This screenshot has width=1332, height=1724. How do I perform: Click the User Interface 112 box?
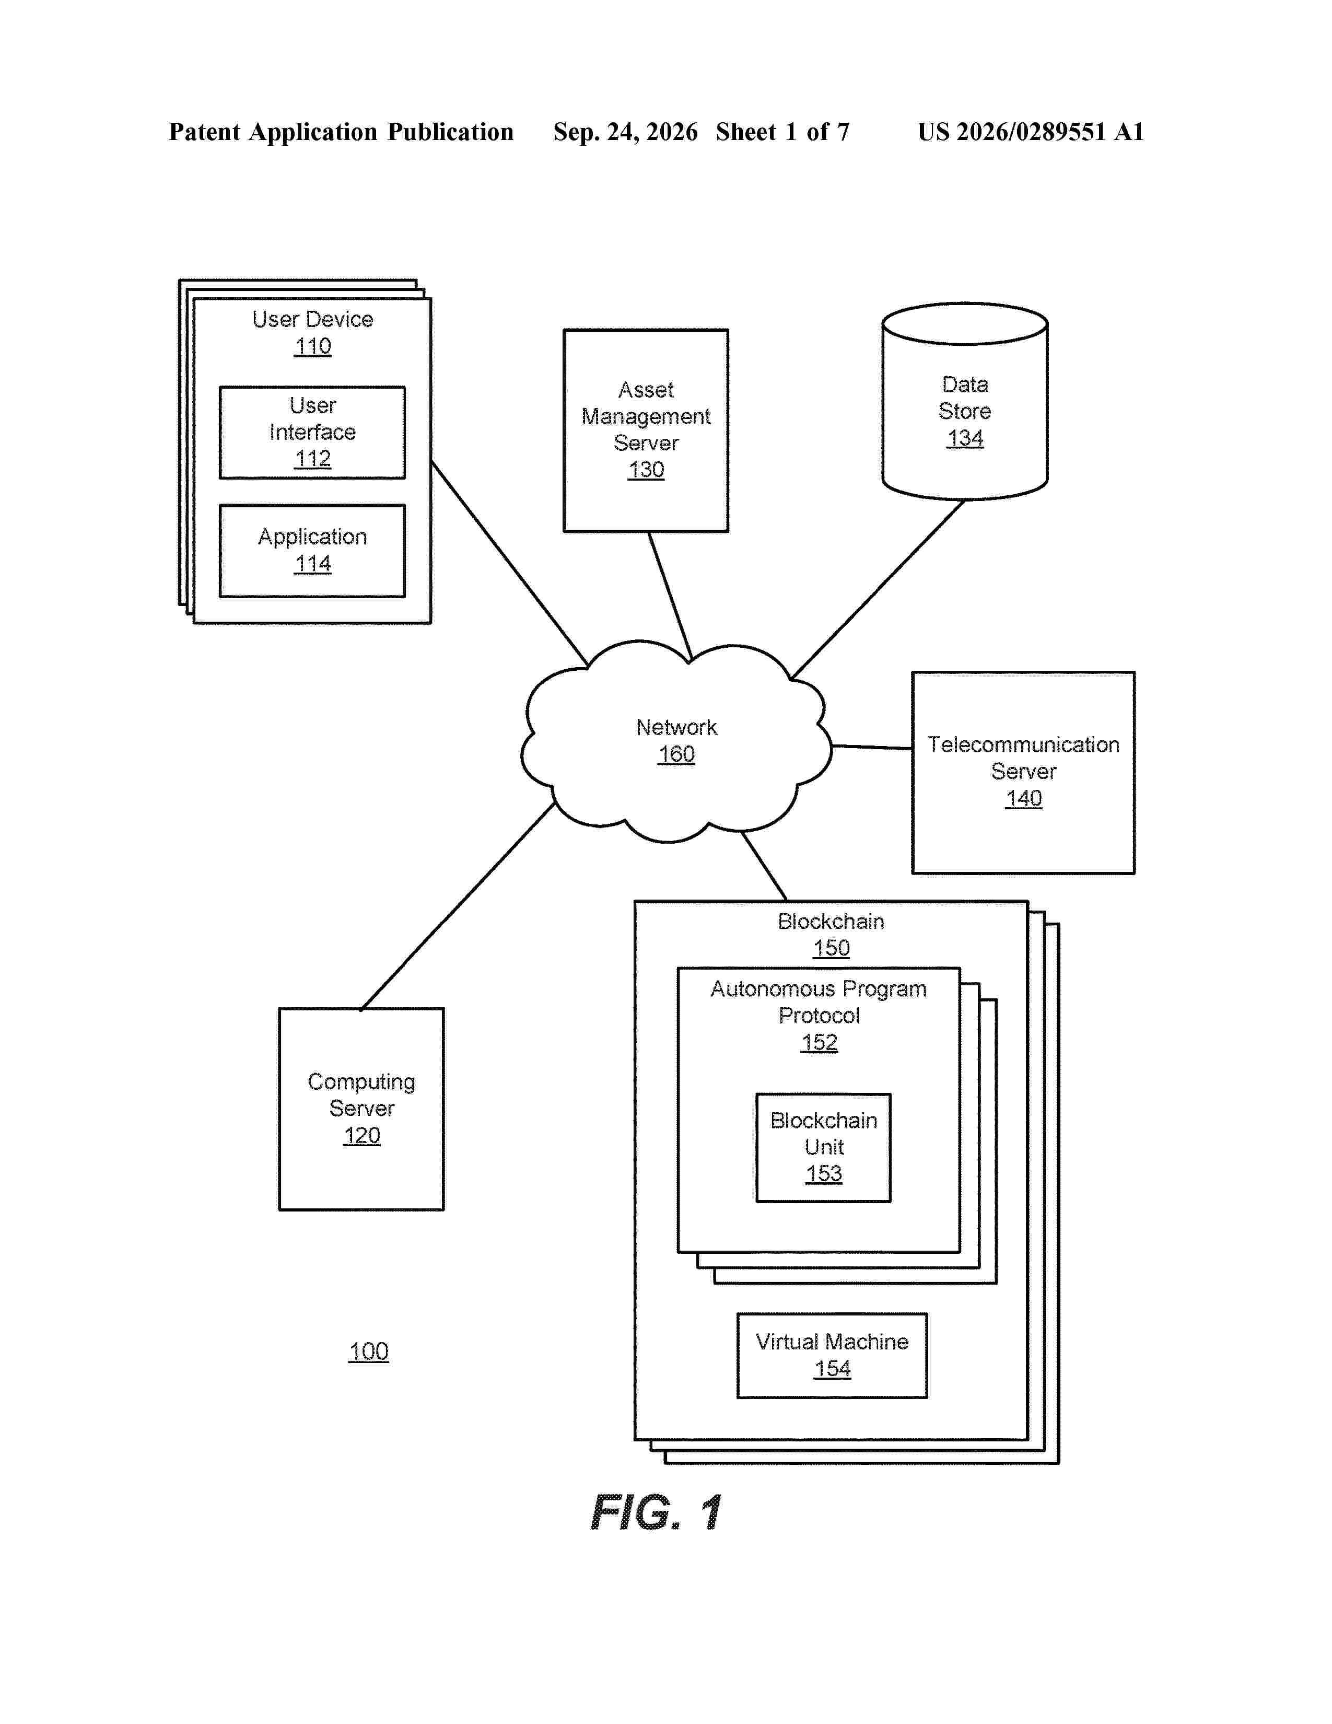click(x=312, y=433)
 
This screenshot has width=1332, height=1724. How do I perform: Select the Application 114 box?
click(x=312, y=551)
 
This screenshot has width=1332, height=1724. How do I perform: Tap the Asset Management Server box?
click(x=646, y=430)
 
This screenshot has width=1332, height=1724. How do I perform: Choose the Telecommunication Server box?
click(x=1023, y=773)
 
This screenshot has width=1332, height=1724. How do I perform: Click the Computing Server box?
click(x=361, y=1109)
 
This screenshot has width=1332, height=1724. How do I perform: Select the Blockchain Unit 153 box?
click(x=824, y=1148)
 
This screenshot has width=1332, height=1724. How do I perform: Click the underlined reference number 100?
click(x=368, y=1352)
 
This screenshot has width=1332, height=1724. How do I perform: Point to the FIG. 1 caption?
click(x=657, y=1512)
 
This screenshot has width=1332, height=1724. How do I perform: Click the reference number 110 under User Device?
click(x=312, y=346)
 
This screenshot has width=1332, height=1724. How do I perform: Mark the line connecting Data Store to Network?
click(x=878, y=589)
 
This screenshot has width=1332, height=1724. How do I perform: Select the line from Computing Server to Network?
click(x=458, y=906)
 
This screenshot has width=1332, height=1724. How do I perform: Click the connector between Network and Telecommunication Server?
click(x=872, y=747)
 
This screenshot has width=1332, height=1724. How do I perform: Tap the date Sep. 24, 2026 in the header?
click(x=625, y=132)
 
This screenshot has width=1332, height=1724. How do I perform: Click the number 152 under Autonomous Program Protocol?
click(x=819, y=1043)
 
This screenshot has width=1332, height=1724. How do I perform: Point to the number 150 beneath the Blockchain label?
click(x=831, y=948)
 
